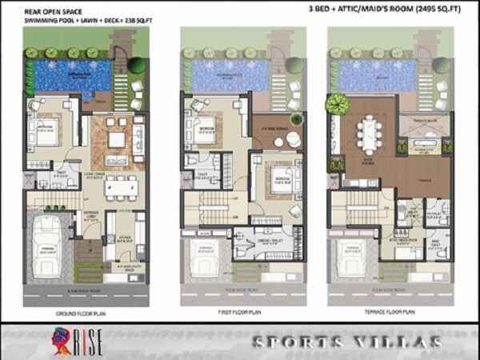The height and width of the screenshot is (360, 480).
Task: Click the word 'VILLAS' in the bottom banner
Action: click(399, 343)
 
